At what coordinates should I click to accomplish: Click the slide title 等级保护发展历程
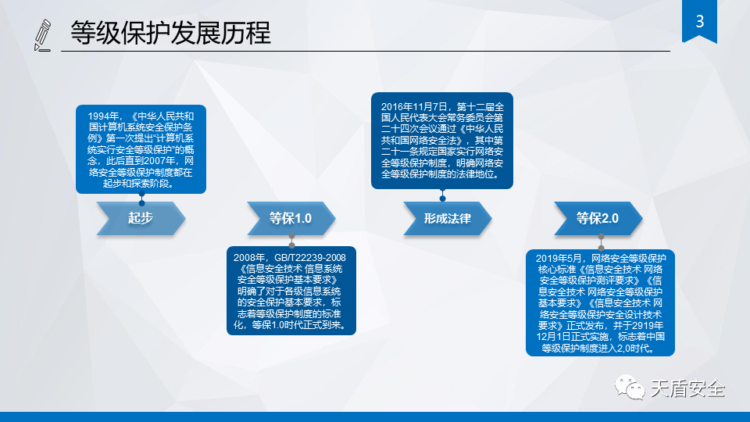171,33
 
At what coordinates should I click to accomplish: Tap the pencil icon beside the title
42,35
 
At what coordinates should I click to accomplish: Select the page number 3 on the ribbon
700,22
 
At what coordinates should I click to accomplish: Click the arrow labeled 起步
141,218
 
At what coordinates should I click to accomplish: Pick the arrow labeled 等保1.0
291,218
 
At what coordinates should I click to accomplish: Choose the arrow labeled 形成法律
448,218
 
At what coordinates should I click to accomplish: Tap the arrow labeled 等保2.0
598,218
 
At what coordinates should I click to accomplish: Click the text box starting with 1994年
141,149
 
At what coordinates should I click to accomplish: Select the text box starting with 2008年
291,291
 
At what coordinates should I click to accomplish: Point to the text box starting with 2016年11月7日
442,141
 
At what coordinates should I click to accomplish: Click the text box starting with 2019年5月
600,303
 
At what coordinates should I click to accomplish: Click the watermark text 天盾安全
687,388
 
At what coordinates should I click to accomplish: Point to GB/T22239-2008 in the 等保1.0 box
310,258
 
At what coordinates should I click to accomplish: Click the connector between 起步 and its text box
141,198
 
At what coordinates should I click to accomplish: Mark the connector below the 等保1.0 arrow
291,241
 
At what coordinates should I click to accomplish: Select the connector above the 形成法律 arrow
442,195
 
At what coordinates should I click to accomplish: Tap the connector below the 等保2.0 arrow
602,242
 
